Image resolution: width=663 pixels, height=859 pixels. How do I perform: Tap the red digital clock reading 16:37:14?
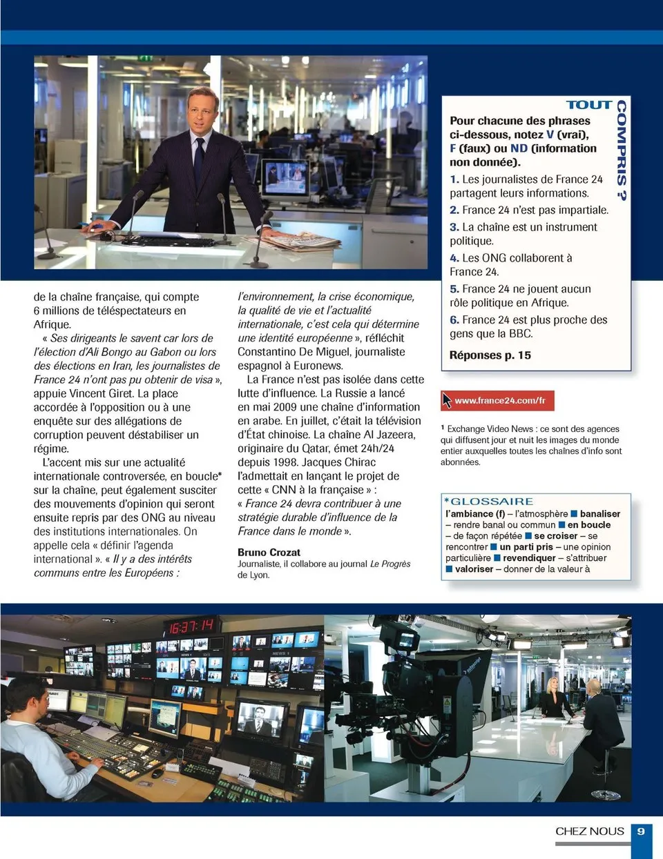click(191, 626)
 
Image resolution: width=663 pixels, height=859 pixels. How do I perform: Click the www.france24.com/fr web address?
click(500, 400)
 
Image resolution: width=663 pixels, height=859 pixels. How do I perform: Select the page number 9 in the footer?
click(641, 831)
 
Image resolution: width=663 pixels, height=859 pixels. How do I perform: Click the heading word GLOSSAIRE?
click(492, 502)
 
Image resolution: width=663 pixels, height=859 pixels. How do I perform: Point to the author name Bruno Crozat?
click(269, 552)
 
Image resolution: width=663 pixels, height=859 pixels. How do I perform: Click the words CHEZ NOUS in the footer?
click(589, 831)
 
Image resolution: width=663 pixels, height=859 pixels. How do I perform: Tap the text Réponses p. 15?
click(490, 355)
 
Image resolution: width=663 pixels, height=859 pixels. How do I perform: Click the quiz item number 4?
click(454, 258)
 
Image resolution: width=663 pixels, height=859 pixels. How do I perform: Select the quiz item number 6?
click(454, 320)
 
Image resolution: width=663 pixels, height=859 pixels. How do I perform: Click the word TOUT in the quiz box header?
click(588, 105)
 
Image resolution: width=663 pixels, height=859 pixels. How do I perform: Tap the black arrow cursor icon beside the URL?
click(447, 400)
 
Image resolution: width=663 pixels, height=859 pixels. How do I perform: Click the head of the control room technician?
click(28, 697)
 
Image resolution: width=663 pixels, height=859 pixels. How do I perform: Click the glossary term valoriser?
click(474, 569)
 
